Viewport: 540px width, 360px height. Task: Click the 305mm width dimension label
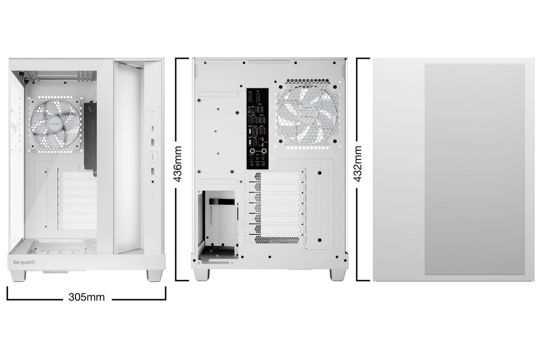coord(86,297)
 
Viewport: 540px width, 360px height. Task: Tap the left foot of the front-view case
coord(17,276)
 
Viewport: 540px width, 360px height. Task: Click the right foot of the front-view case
coord(154,276)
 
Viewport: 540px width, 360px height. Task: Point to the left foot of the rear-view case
coord(202,275)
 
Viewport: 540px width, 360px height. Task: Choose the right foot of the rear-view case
coord(337,275)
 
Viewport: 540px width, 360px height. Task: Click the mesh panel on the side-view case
coord(474,169)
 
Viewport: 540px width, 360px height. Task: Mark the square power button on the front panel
coord(152,156)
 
